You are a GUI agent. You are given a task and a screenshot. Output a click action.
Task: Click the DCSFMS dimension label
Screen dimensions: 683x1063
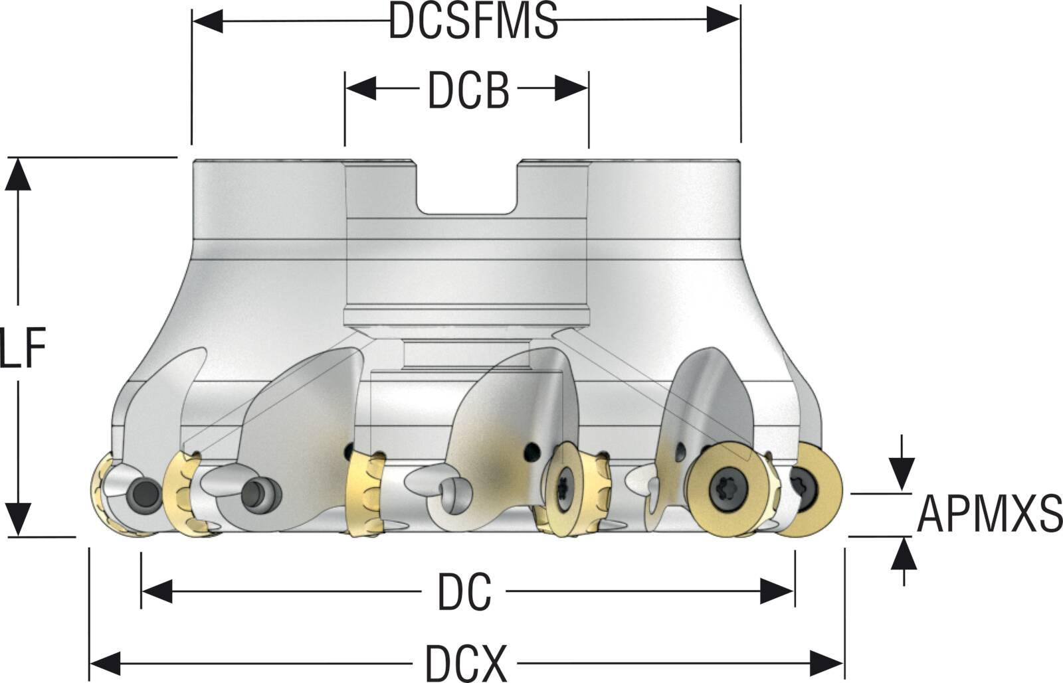click(473, 21)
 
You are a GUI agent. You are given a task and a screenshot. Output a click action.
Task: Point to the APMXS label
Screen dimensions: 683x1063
click(989, 514)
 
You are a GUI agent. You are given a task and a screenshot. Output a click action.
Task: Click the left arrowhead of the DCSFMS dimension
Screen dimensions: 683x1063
click(207, 21)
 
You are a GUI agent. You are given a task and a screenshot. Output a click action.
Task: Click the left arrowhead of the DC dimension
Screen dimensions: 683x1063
click(157, 591)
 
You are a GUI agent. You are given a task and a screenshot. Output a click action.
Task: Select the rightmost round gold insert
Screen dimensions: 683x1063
click(809, 491)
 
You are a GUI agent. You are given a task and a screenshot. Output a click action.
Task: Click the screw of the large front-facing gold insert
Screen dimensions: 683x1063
click(724, 489)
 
